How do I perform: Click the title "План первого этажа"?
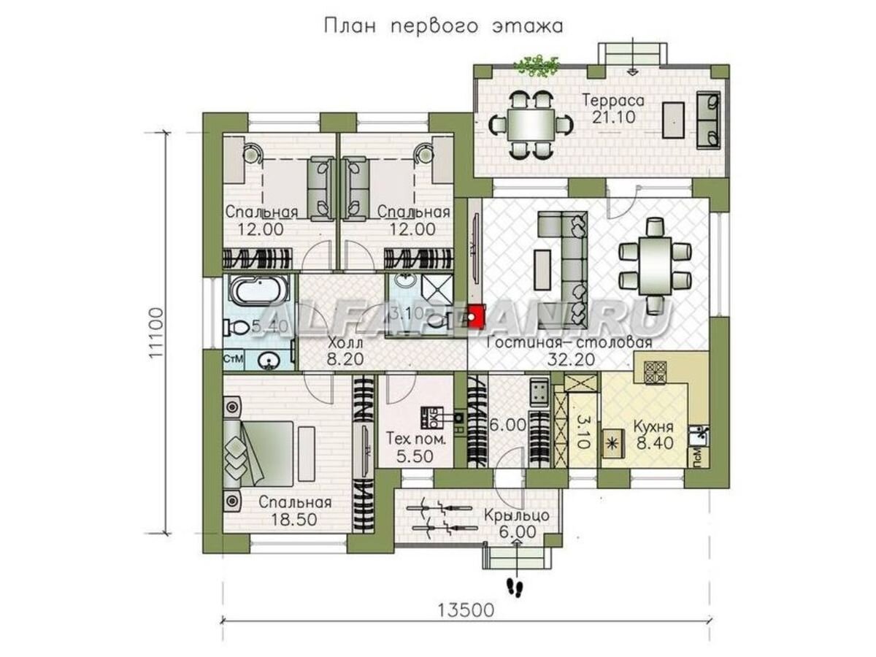point(443,27)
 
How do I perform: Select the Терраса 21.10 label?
point(612,109)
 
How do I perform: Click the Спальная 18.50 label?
point(296,511)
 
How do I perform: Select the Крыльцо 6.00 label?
point(516,523)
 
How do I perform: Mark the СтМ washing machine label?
point(232,360)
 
